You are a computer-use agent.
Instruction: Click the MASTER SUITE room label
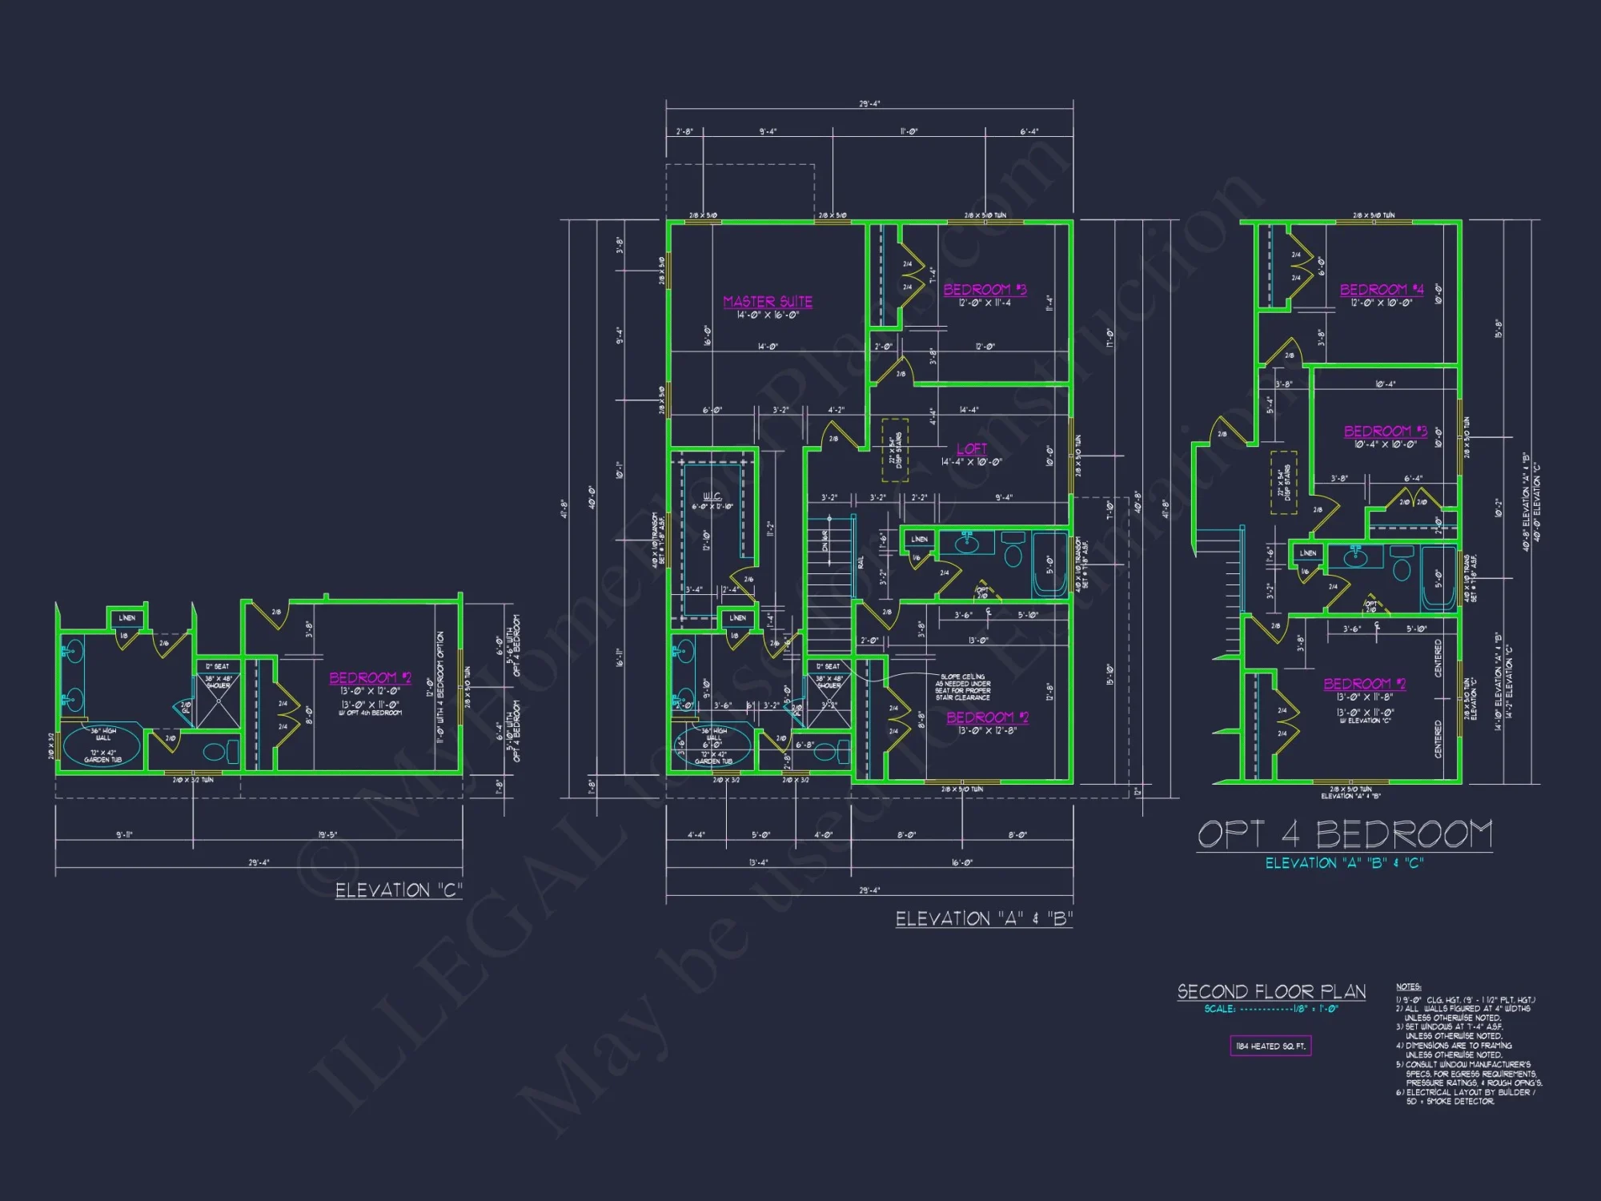(768, 302)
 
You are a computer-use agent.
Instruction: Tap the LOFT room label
(972, 449)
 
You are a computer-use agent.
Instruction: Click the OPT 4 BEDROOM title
(1345, 834)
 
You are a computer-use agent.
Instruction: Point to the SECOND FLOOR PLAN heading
(1271, 992)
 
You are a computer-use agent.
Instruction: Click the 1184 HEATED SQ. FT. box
(1270, 1046)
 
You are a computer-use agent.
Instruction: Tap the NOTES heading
(1408, 986)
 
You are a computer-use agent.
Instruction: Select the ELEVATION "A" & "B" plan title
(984, 919)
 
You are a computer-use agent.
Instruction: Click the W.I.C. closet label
(712, 496)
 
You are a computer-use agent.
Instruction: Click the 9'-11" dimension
(124, 835)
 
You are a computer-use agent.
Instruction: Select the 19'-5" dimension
(327, 835)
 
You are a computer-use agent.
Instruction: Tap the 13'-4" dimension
(758, 862)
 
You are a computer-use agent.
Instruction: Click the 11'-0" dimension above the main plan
(909, 131)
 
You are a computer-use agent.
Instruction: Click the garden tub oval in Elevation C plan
(102, 746)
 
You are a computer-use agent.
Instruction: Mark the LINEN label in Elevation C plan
(127, 618)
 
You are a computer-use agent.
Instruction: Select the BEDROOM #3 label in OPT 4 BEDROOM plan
(1385, 432)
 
